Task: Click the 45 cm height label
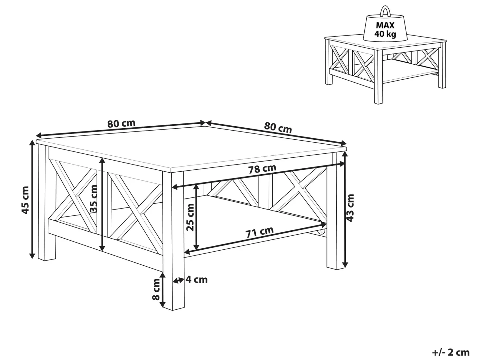point(25,200)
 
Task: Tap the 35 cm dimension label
point(93,199)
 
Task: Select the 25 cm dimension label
point(190,217)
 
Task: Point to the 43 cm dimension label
point(350,208)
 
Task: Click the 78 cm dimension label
point(262,169)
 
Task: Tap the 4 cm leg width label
point(197,280)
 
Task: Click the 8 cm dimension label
point(156,289)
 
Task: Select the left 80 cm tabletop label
point(121,123)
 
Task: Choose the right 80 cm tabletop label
point(278,128)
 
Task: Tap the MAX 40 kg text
point(385,29)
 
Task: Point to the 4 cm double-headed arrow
point(178,280)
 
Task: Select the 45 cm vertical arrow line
point(32,199)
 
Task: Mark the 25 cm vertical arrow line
point(197,217)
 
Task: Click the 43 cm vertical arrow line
point(345,210)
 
